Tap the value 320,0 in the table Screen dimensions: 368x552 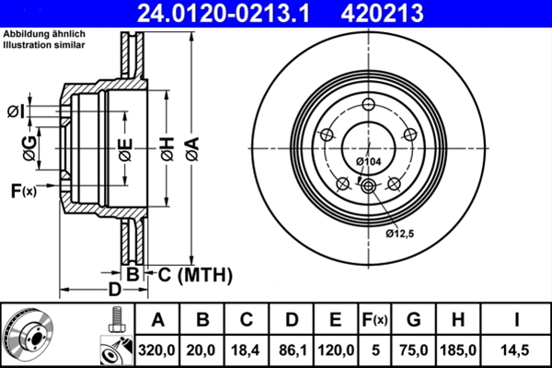[x=157, y=350]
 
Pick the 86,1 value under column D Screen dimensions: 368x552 [x=291, y=350]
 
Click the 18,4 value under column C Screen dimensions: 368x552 [x=246, y=350]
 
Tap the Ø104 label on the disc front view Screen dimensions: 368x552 [x=368, y=163]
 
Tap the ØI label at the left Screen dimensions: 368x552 [x=16, y=111]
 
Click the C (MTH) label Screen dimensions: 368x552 [x=190, y=275]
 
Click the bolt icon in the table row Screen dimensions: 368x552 [x=114, y=319]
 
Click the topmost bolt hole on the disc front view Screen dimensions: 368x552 [x=367, y=104]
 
